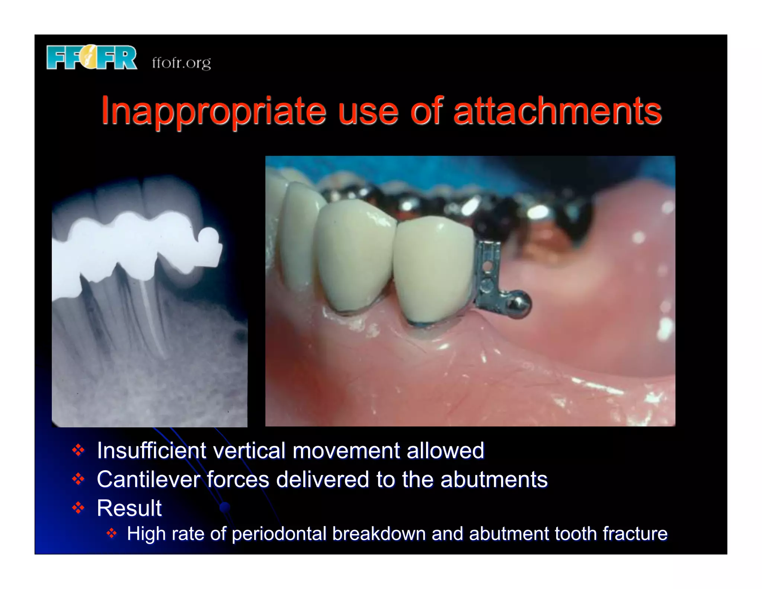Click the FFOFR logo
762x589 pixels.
(92, 57)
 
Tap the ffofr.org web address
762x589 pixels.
(181, 63)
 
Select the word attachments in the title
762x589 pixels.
(557, 111)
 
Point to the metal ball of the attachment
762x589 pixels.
(519, 305)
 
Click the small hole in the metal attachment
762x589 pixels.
(487, 266)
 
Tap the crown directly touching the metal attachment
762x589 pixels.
(433, 268)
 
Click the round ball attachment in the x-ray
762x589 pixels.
(209, 237)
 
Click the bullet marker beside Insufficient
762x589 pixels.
(79, 450)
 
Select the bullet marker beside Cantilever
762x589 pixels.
(79, 479)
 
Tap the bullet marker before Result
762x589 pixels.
(79, 507)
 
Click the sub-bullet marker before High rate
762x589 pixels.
(112, 534)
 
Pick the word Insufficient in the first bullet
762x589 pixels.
(151, 450)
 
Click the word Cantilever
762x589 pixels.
(148, 479)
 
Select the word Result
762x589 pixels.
(129, 508)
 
